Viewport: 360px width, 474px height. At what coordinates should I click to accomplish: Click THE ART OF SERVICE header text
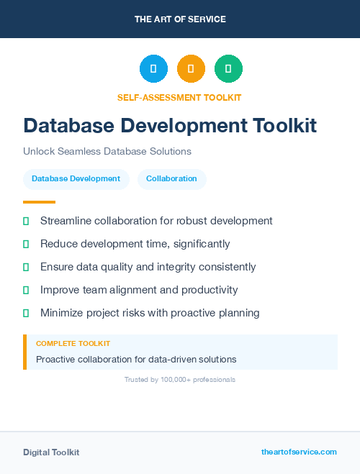point(180,19)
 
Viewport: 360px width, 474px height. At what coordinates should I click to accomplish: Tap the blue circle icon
point(153,68)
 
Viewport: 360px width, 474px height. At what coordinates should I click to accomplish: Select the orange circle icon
point(191,68)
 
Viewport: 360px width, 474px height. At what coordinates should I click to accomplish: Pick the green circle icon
point(228,68)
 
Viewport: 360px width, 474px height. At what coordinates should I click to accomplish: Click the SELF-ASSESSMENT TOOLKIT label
point(179,97)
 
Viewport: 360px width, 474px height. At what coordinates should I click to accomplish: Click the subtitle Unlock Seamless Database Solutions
point(107,152)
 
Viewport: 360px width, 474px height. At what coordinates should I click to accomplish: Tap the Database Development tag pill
point(76,179)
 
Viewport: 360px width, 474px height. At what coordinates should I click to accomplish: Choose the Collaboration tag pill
point(171,179)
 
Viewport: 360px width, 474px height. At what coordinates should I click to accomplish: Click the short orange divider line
point(39,202)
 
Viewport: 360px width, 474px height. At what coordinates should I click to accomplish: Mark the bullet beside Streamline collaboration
point(26,221)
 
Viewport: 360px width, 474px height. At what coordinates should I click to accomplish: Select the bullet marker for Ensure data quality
point(26,267)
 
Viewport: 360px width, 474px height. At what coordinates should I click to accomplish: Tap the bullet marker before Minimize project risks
point(26,313)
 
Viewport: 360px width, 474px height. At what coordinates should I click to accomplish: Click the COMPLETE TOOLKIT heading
point(73,344)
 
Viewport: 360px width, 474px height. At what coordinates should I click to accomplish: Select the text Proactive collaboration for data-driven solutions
point(136,359)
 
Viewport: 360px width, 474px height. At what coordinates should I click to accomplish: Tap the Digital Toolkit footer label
point(51,452)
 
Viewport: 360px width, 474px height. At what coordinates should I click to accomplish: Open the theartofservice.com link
point(299,452)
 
